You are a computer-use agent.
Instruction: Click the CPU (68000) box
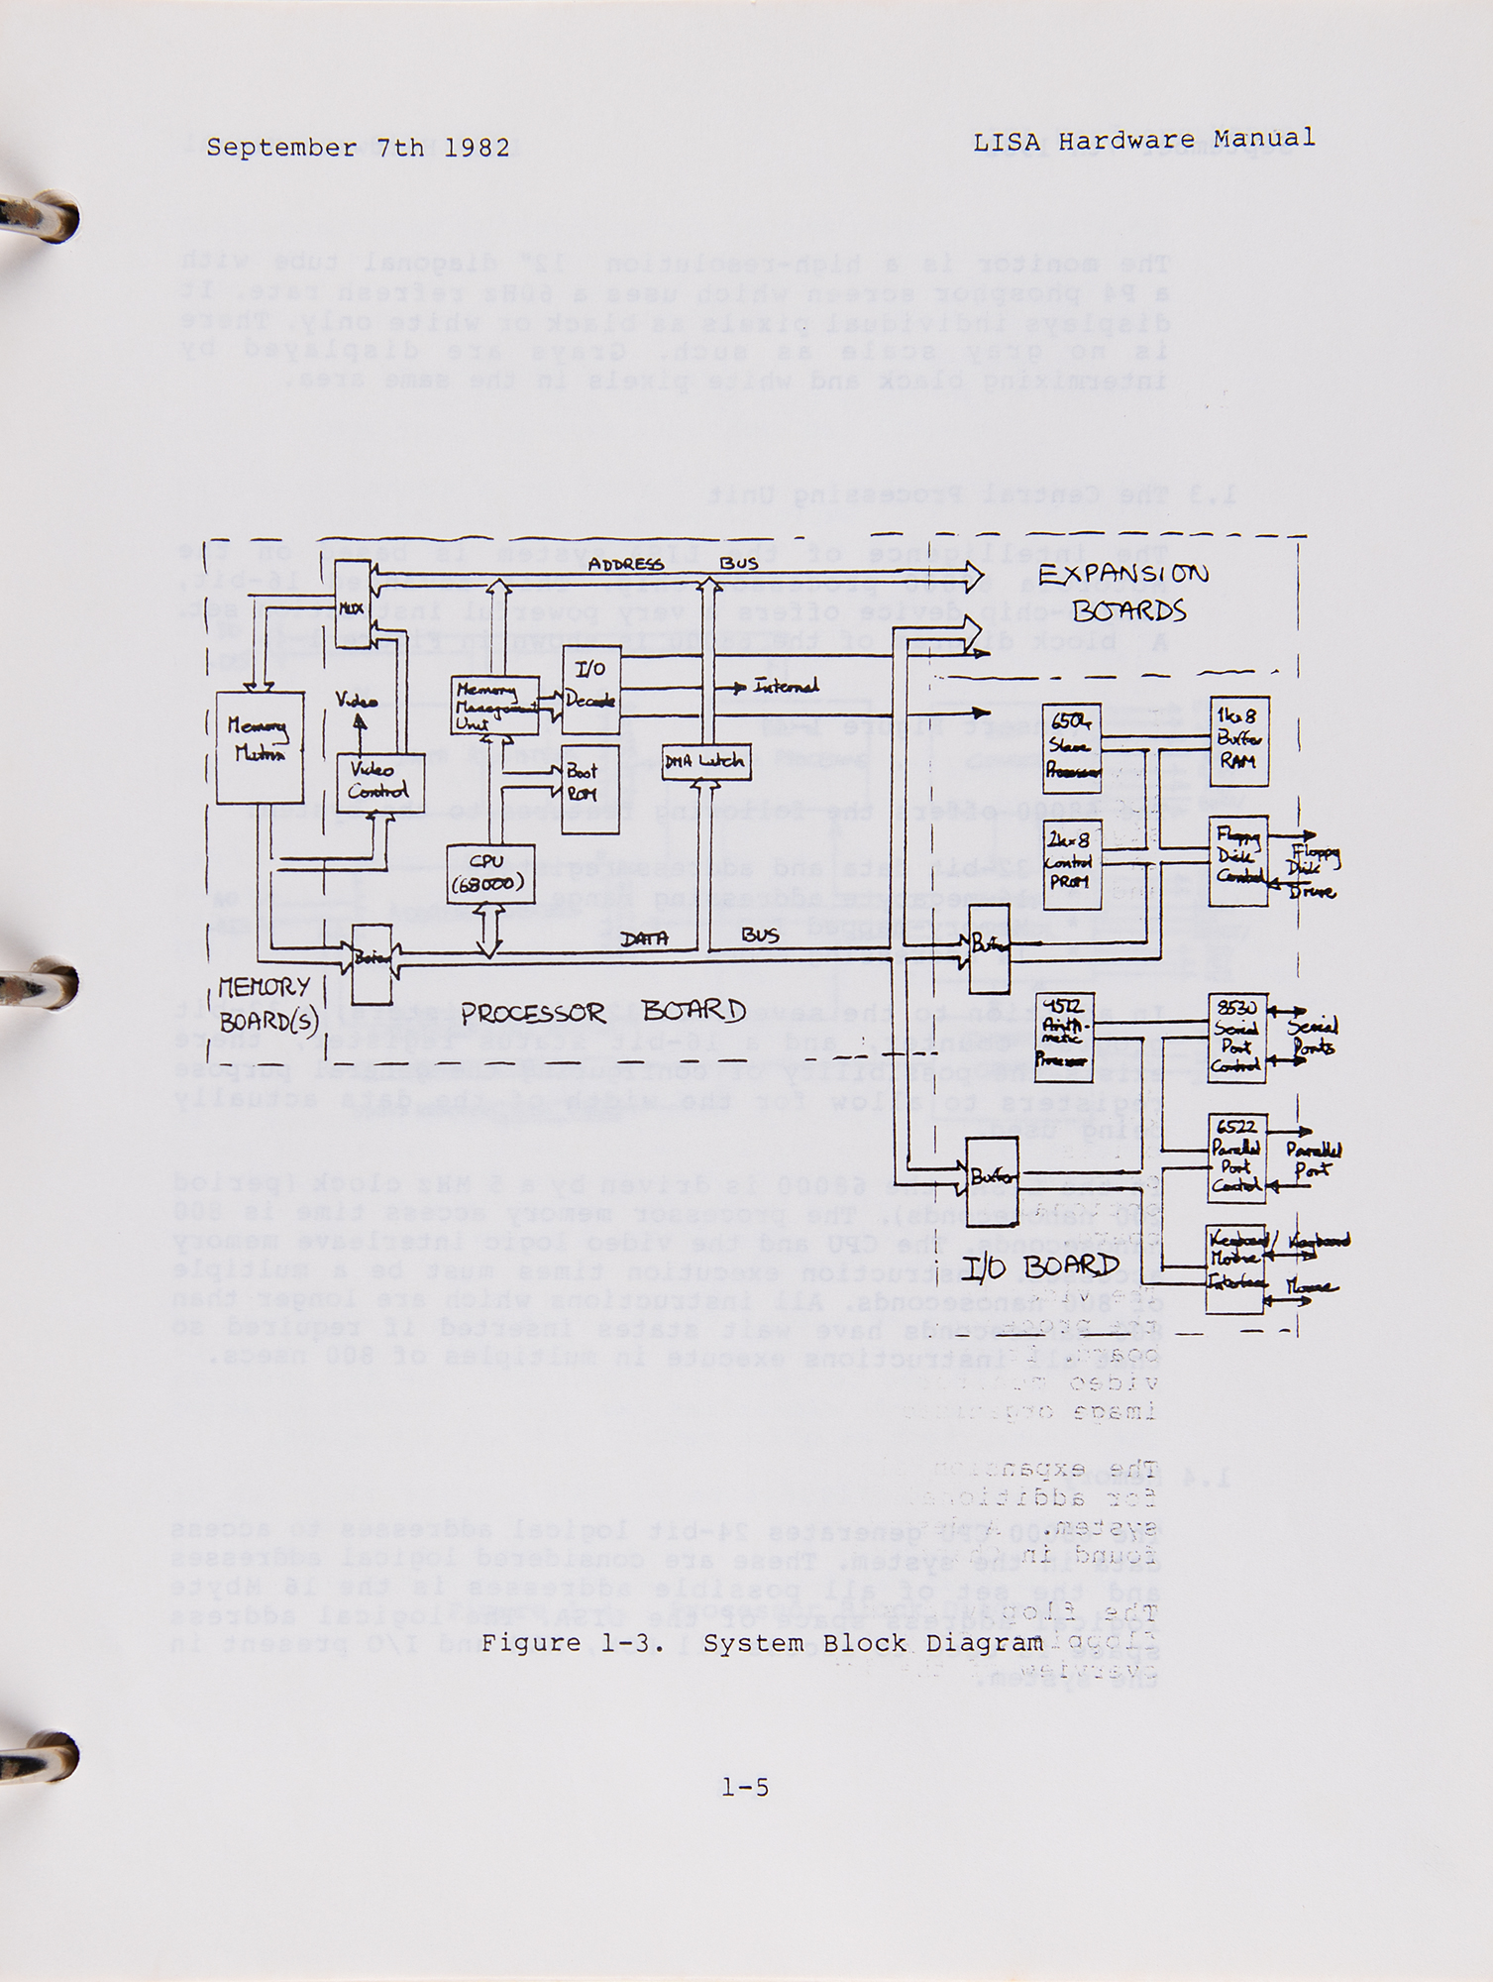point(489,873)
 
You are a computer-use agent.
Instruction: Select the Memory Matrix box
point(260,746)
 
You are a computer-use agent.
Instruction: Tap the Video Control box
point(379,782)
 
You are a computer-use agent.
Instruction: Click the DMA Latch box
point(705,762)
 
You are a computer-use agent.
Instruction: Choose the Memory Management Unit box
point(494,706)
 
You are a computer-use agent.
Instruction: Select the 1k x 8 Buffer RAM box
point(1239,741)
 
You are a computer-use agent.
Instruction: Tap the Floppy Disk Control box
point(1238,862)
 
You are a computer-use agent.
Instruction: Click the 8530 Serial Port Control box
point(1237,1040)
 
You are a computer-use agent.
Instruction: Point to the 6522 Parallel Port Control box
point(1237,1158)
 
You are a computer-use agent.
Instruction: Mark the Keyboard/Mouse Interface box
point(1234,1269)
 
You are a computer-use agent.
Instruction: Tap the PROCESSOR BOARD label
point(601,1012)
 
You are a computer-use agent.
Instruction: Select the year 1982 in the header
point(477,149)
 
